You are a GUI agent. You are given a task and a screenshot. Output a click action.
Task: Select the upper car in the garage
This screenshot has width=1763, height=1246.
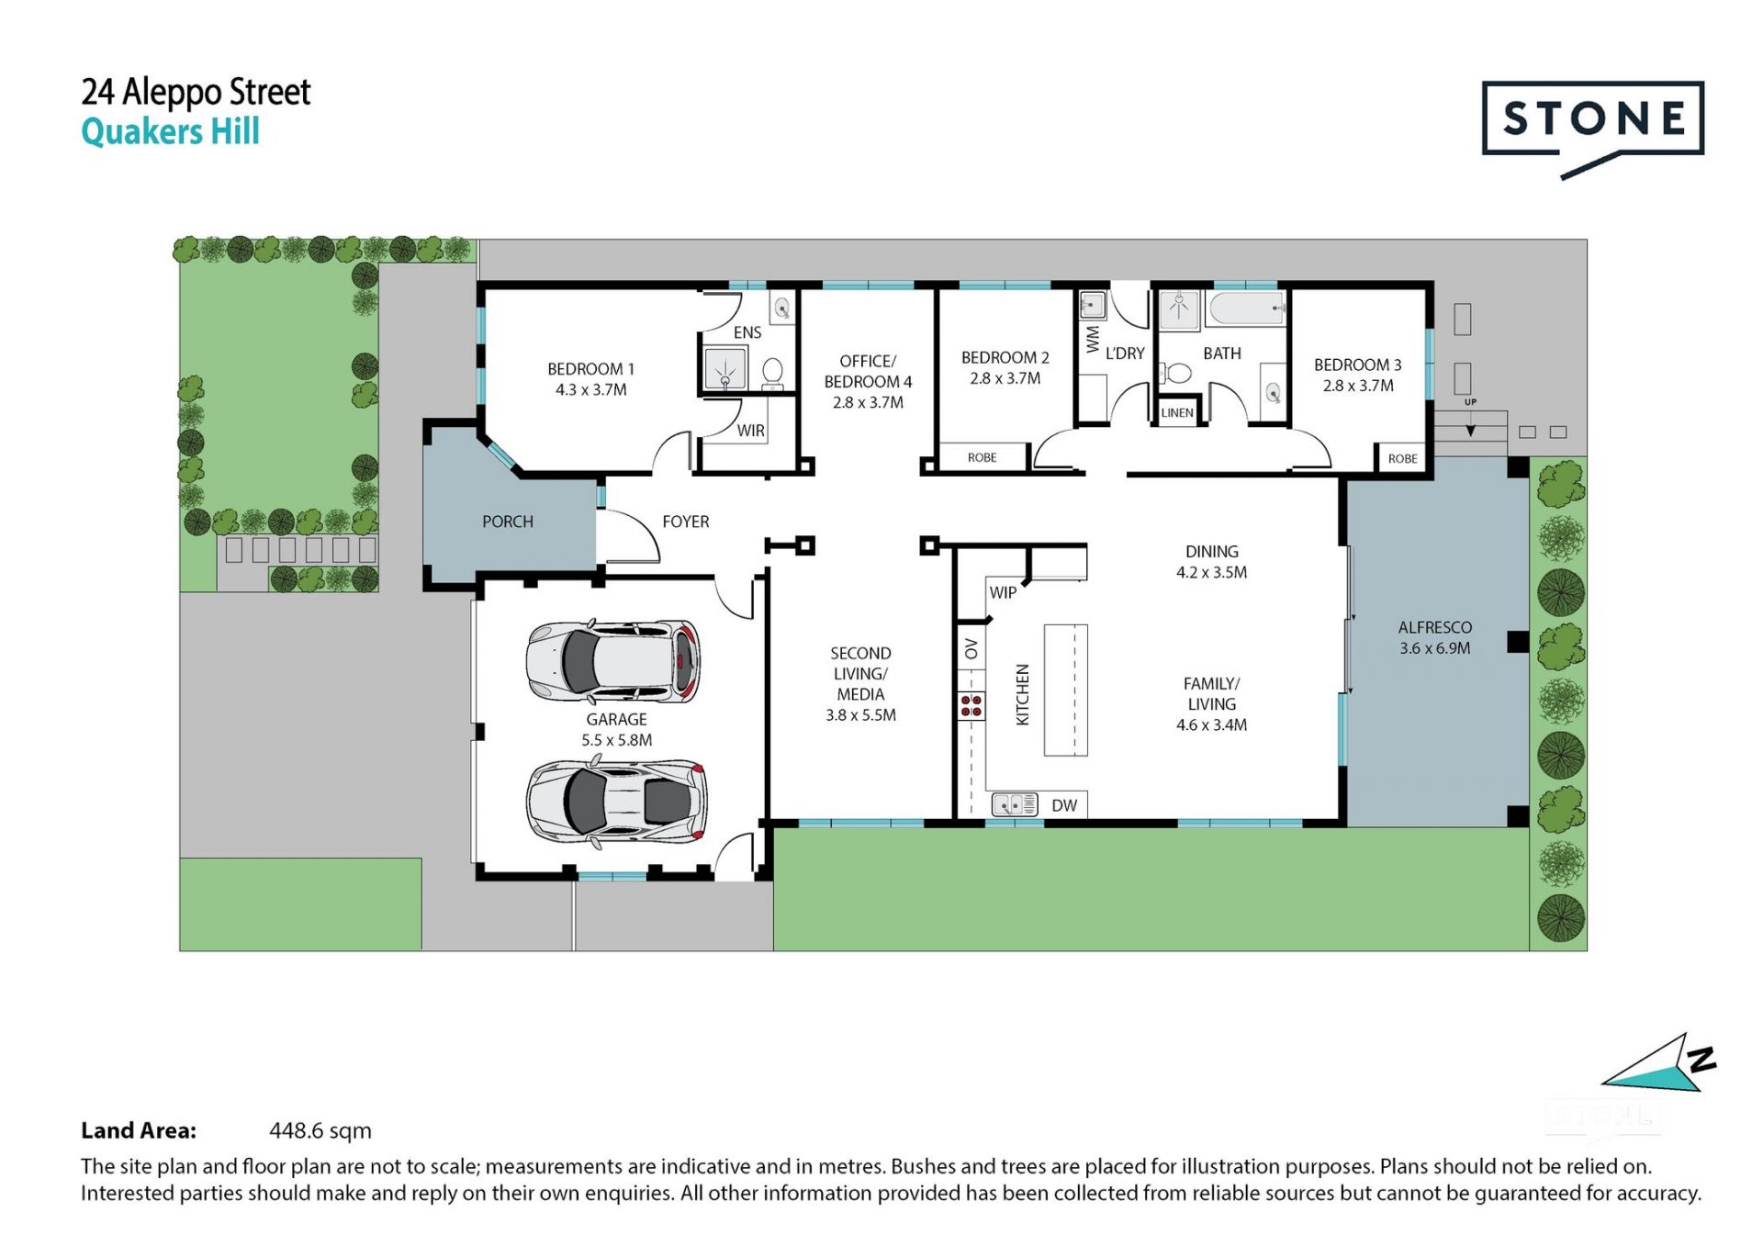[612, 661]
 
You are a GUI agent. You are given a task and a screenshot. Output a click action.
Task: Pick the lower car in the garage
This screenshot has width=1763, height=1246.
[616, 802]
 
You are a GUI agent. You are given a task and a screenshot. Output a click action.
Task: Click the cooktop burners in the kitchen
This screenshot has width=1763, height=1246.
[971, 705]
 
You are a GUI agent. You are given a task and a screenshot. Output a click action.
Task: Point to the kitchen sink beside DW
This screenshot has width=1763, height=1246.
[1015, 805]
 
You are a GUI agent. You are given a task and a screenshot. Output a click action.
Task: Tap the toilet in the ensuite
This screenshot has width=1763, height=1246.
[772, 372]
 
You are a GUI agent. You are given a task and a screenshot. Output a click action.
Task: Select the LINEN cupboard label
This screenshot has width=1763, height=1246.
[1177, 413]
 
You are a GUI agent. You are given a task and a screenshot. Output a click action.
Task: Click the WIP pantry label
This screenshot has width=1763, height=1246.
[1003, 593]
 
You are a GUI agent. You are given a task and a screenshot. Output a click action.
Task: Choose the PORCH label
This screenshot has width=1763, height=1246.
[508, 522]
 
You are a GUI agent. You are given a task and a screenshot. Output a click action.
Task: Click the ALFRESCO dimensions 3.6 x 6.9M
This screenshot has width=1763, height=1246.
[1435, 648]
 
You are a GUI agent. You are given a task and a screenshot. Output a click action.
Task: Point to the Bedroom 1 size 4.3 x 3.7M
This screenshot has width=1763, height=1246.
[591, 389]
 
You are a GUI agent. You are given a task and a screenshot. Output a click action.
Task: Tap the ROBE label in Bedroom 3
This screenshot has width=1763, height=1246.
[1402, 459]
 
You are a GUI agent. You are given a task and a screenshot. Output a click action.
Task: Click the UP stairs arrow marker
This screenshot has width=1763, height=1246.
[1470, 429]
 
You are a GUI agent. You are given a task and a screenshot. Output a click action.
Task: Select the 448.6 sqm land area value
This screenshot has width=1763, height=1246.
[320, 1130]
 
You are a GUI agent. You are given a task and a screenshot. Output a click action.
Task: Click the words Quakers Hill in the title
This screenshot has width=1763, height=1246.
[171, 131]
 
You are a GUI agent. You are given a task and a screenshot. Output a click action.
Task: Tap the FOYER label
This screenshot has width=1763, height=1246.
[686, 522]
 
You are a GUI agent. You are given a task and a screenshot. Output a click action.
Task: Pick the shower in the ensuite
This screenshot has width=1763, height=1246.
[725, 368]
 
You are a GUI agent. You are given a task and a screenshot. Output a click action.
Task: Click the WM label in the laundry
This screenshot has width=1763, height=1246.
[1093, 339]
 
